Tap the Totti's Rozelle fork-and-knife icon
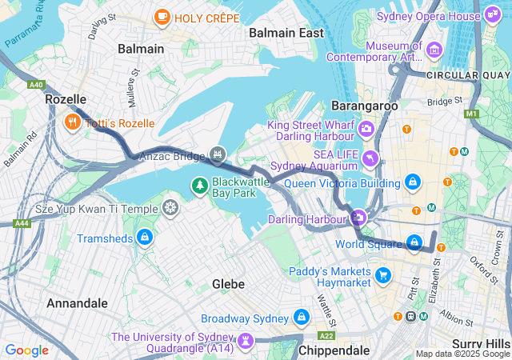[x=72, y=122]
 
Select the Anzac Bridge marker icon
[x=217, y=154]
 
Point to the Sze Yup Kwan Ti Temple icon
[x=170, y=209]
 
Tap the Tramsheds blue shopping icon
[x=145, y=238]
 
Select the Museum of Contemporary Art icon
[x=435, y=50]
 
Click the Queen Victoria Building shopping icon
[x=412, y=182]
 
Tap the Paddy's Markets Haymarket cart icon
[x=383, y=276]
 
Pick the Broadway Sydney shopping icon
[x=301, y=318]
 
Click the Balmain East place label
[x=286, y=33]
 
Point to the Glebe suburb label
[x=228, y=284]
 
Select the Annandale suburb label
[x=77, y=303]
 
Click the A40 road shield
[x=36, y=85]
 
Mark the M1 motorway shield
[x=470, y=114]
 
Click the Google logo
[x=26, y=350]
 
